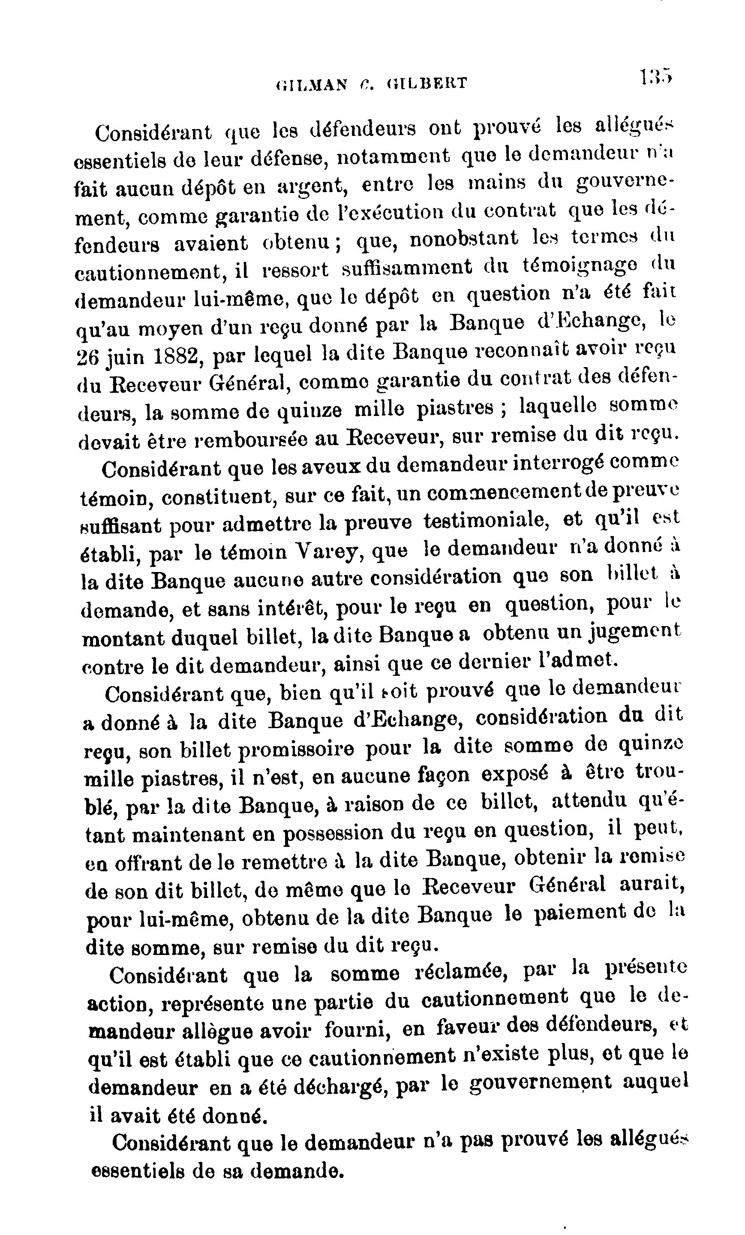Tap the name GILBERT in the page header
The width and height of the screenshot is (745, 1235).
(x=427, y=82)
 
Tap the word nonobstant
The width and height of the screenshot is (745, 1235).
(x=464, y=238)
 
